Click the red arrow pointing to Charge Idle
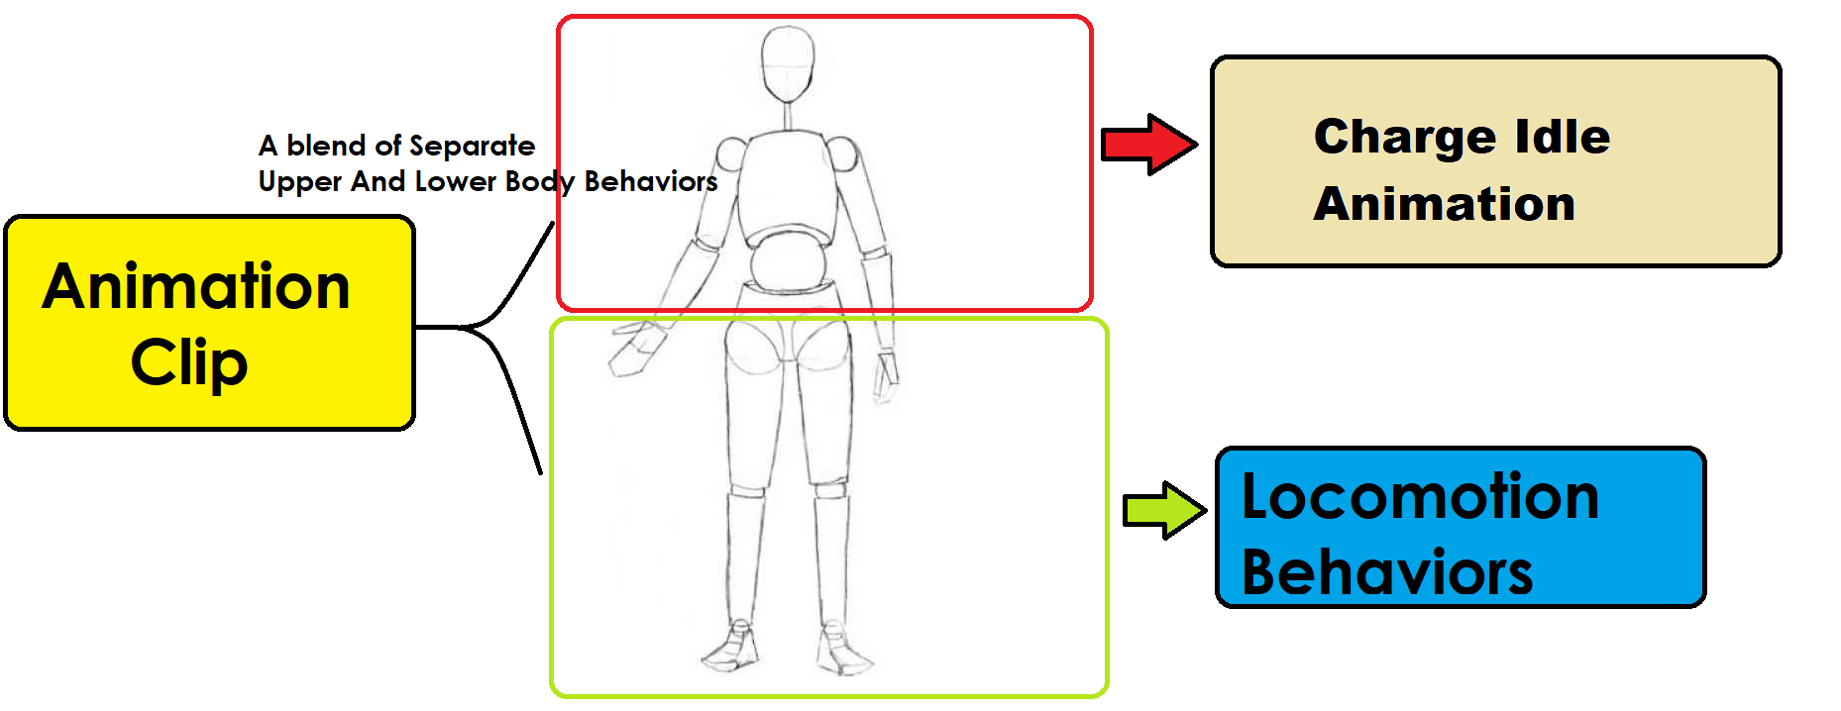(1147, 145)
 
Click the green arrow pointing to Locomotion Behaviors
(1163, 511)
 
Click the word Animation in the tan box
(1444, 204)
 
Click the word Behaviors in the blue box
(1386, 572)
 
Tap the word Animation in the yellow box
(196, 287)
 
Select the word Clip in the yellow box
(188, 362)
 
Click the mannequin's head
(788, 62)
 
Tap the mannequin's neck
(789, 116)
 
